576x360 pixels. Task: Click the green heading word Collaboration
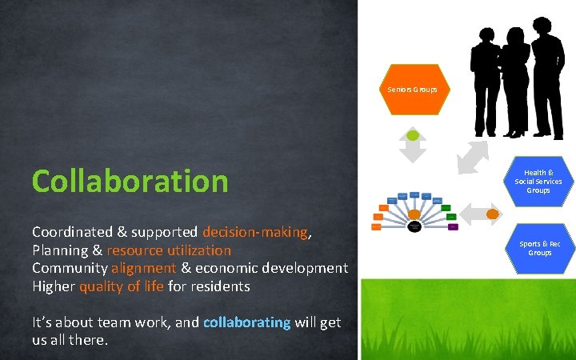click(x=130, y=182)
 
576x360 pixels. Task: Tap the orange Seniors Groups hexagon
click(x=413, y=90)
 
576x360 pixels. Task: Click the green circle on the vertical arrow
click(x=413, y=134)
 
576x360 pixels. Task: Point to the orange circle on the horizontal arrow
click(x=494, y=214)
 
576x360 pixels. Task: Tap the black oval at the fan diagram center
click(x=414, y=226)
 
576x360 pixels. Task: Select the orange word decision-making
click(x=254, y=232)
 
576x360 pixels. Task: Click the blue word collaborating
click(x=246, y=322)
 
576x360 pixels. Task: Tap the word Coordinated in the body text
click(x=74, y=232)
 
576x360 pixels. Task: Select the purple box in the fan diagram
click(x=453, y=227)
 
